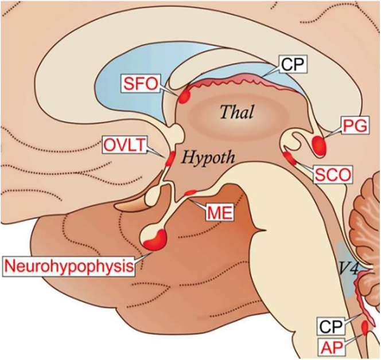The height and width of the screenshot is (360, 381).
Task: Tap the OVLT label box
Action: pos(121,144)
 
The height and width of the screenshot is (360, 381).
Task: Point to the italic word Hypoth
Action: pos(208,156)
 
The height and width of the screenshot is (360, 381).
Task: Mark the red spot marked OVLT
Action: pos(170,158)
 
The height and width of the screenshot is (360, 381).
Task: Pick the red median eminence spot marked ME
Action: pos(190,193)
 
